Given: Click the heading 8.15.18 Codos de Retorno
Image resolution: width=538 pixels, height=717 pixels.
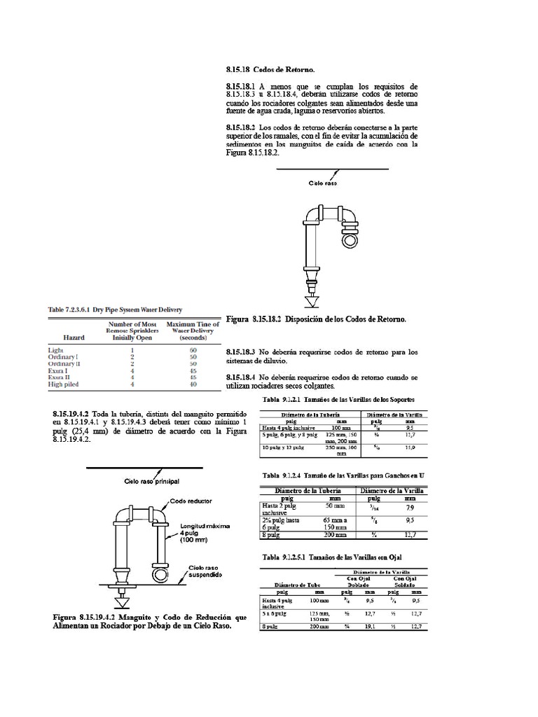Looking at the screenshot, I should (270, 70).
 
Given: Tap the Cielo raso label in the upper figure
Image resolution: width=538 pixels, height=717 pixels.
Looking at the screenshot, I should (324, 183).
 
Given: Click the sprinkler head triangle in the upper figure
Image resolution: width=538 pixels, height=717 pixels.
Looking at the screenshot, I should (310, 302).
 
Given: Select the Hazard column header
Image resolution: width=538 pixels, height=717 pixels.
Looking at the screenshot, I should (74, 337).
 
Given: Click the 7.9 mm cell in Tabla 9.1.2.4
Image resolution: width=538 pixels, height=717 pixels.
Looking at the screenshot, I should (411, 507).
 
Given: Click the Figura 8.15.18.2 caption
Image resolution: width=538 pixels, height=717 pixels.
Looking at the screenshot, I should (316, 319).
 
